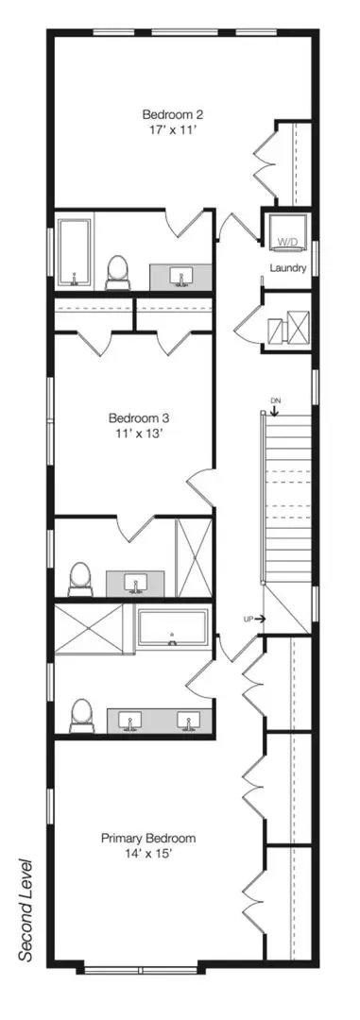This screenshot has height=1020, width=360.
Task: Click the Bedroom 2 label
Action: tap(173, 115)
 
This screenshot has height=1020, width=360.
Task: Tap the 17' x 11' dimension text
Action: tap(173, 129)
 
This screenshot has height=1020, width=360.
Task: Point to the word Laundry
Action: tap(288, 267)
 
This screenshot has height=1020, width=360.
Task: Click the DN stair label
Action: tap(274, 399)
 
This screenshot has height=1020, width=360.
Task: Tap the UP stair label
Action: tap(248, 620)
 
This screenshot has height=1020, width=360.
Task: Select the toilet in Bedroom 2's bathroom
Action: tap(118, 273)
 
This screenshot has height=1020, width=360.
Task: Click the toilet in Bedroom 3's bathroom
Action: tap(80, 578)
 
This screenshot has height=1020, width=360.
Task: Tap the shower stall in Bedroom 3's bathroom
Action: tap(194, 557)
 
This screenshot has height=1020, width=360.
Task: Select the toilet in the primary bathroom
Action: tap(81, 716)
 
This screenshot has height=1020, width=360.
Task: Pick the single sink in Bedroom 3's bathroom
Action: tap(136, 583)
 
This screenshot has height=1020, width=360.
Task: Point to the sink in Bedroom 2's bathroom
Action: tap(180, 277)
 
